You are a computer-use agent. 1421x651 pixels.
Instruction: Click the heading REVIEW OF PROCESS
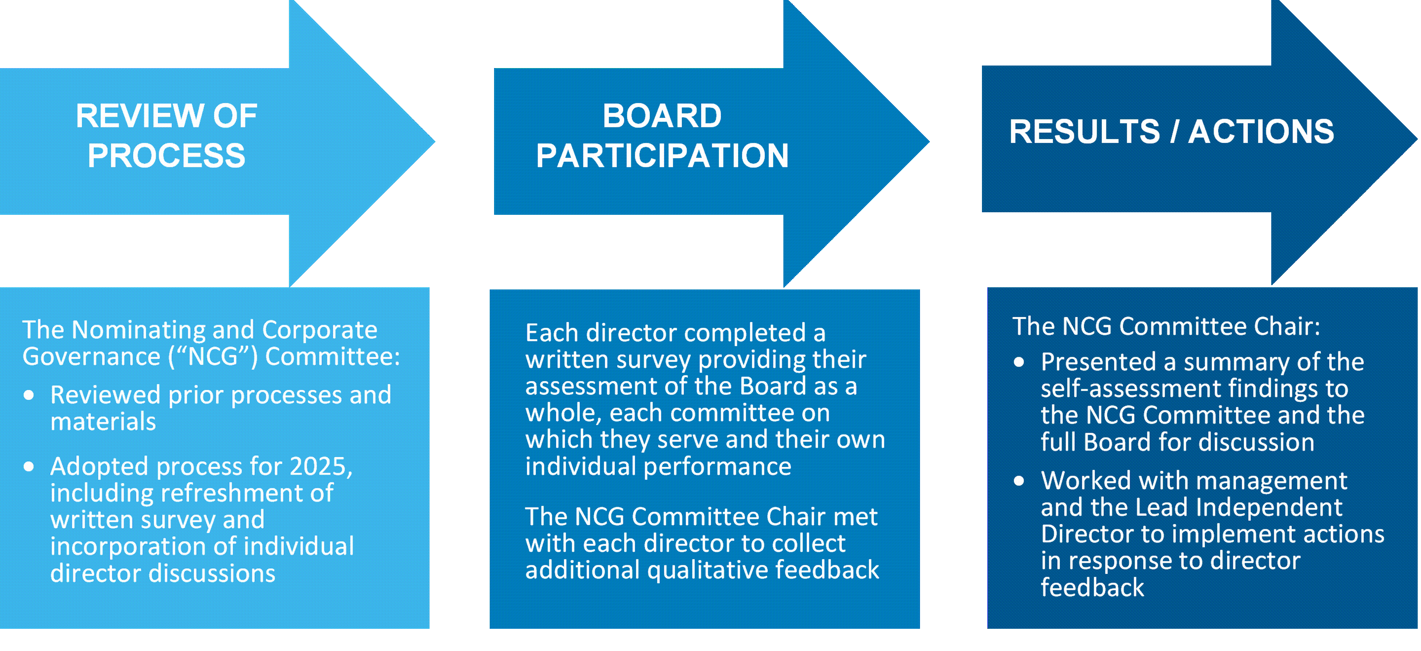coord(166,135)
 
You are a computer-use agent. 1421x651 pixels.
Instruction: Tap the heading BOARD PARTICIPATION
coord(662,135)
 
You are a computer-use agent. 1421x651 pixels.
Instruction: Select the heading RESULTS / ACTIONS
coord(1171,132)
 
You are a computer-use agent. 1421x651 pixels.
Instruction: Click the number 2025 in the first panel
coord(320,466)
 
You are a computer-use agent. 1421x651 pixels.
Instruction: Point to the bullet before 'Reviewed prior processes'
coord(29,395)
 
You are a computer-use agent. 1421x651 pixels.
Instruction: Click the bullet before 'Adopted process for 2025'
coord(29,467)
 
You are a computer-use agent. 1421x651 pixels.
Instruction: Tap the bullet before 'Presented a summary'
coord(1019,362)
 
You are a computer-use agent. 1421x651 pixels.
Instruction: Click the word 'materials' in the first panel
coord(103,422)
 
